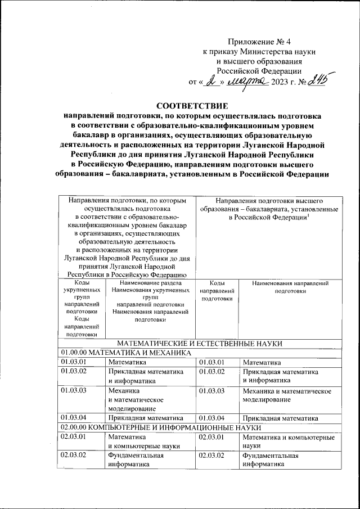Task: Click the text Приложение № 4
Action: pos(259,42)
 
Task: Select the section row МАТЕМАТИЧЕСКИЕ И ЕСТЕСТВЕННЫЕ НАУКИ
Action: pos(199,343)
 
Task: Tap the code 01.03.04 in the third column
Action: pos(212,418)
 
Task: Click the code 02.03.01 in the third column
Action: pos(212,436)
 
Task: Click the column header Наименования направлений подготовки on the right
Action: pos(290,287)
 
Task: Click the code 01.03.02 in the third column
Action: pos(212,372)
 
